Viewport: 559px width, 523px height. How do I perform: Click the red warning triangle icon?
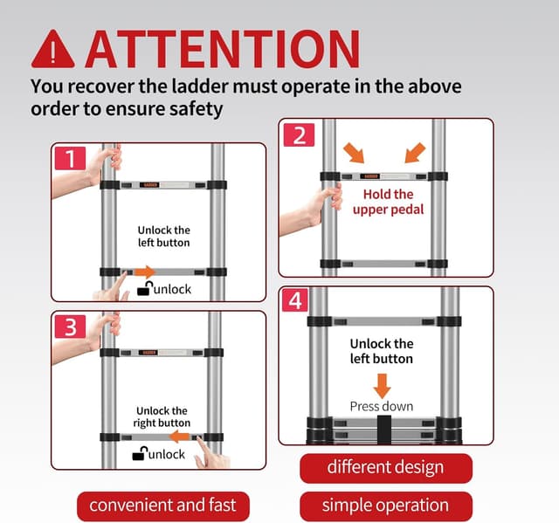pyautogui.click(x=53, y=51)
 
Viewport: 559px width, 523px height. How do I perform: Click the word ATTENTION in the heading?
pyautogui.click(x=223, y=49)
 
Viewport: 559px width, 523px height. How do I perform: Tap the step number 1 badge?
pyautogui.click(x=71, y=158)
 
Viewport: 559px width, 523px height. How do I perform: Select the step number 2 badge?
pyautogui.click(x=299, y=135)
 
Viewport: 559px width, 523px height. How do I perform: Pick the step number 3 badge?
pyautogui.click(x=71, y=327)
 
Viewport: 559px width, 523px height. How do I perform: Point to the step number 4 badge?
pyautogui.click(x=295, y=300)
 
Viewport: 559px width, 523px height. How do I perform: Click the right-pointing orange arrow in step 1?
pyautogui.click(x=145, y=272)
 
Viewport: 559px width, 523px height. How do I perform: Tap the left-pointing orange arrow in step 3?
pyautogui.click(x=180, y=437)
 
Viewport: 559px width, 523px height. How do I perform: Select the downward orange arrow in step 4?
pyautogui.click(x=383, y=386)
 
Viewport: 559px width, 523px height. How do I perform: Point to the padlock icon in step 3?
pyautogui.click(x=140, y=453)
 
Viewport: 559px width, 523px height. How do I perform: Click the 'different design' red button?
pyautogui.click(x=386, y=468)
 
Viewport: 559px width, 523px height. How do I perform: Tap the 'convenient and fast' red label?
pyautogui.click(x=163, y=506)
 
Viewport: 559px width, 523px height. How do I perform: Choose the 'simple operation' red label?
pyautogui.click(x=386, y=506)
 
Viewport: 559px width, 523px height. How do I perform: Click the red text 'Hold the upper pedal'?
pyautogui.click(x=388, y=202)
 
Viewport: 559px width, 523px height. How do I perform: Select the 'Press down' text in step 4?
pyautogui.click(x=382, y=407)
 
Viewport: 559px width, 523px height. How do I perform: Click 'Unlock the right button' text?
pyautogui.click(x=162, y=416)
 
